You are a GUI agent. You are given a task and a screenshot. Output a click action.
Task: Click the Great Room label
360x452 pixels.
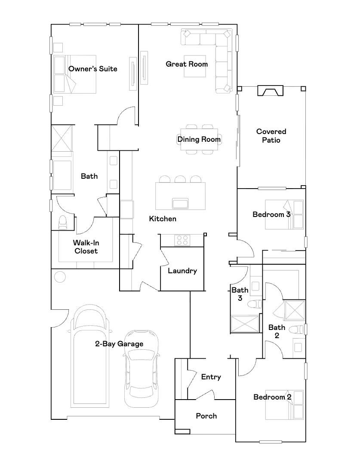[187, 64]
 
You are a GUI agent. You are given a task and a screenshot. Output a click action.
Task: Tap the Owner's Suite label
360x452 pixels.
[92, 69]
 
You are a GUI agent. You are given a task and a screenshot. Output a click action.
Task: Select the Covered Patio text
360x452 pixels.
[271, 136]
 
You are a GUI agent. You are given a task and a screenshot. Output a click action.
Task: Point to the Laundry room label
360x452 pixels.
[182, 271]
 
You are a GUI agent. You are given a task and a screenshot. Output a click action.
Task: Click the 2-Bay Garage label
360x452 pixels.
[119, 344]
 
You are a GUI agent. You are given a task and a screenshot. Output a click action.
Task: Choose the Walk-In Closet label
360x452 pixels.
[86, 247]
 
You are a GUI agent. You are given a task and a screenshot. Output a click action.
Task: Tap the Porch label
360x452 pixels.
[206, 416]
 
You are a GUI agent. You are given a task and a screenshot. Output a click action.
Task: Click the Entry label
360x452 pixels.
[211, 377]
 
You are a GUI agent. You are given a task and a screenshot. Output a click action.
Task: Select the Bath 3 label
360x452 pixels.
[240, 294]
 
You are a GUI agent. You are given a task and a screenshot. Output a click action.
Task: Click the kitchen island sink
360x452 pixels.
[180, 203]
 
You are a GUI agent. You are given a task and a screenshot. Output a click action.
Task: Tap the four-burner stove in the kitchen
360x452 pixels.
[182, 241]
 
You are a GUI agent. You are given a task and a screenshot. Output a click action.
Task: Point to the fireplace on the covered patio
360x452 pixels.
[270, 91]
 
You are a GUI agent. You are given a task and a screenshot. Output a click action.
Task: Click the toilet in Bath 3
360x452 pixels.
[255, 304]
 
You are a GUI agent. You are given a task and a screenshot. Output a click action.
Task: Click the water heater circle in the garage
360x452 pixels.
[60, 277]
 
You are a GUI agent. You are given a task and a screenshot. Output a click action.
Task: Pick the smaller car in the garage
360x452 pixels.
[142, 369]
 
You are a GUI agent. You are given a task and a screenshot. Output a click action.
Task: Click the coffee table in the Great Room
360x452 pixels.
[195, 66]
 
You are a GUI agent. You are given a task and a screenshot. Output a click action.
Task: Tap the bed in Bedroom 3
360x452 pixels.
[284, 215]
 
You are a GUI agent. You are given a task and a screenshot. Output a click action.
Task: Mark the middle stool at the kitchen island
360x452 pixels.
[180, 179]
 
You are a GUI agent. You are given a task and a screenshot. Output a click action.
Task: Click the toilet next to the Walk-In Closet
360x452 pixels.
[63, 223]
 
